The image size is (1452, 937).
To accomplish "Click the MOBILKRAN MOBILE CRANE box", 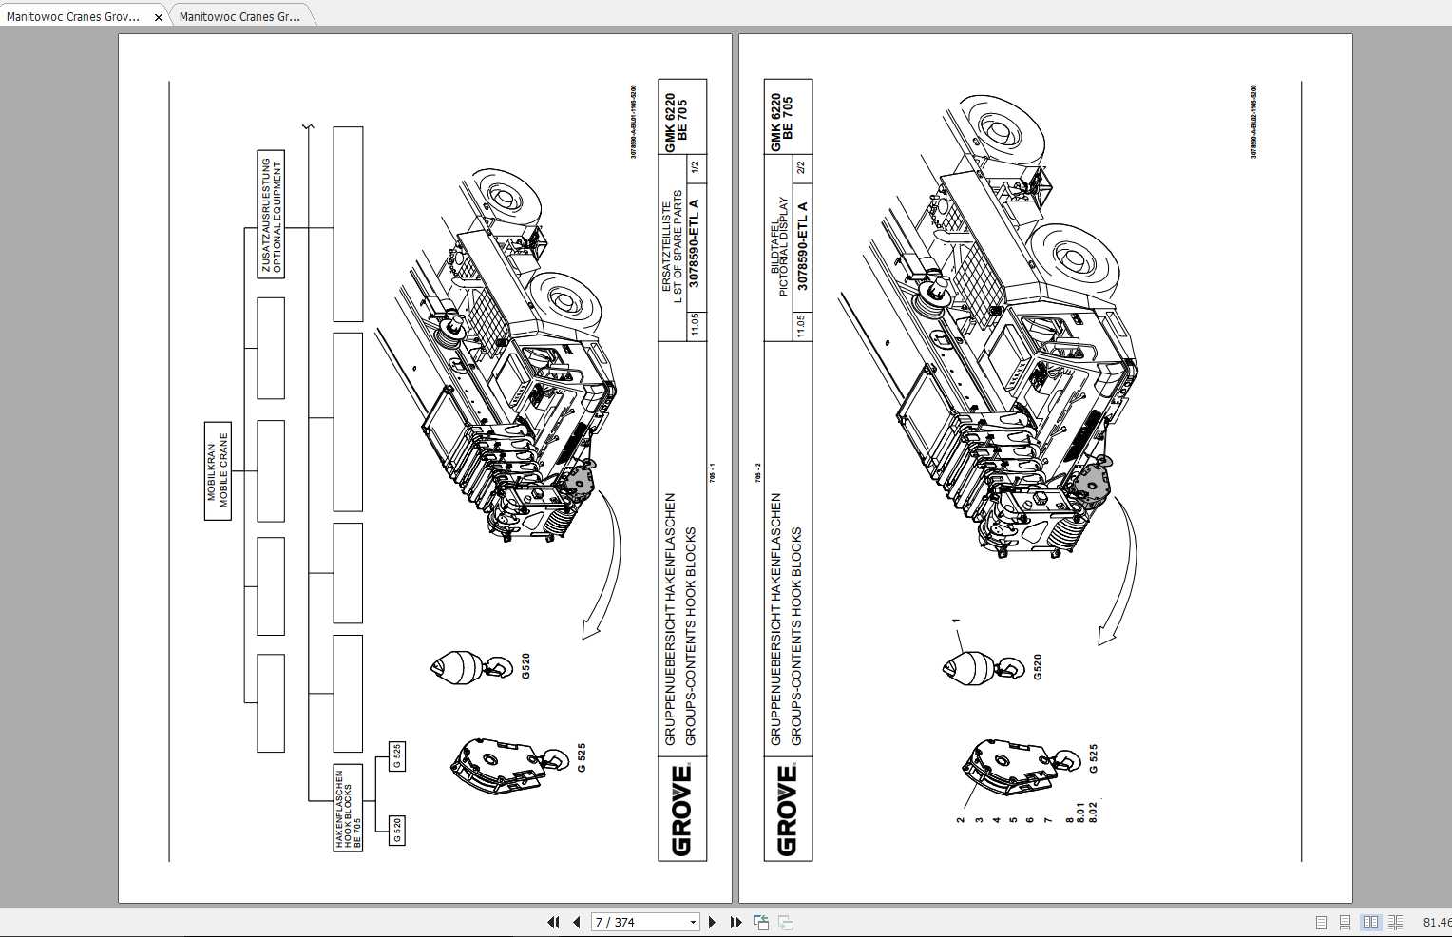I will [218, 471].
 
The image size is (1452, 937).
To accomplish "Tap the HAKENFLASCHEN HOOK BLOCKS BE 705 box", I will [348, 807].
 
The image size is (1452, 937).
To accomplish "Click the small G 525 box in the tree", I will [396, 755].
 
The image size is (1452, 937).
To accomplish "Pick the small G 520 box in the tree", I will [396, 830].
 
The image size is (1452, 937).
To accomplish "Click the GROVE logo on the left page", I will [681, 810].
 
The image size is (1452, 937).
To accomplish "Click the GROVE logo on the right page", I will [787, 810].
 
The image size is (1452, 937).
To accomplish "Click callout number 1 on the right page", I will [956, 621].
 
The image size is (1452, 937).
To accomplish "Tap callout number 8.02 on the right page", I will [1093, 813].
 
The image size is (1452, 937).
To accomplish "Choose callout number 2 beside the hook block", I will [961, 819].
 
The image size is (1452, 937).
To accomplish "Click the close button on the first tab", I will [159, 17].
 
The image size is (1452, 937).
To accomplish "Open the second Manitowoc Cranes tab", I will [239, 17].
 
